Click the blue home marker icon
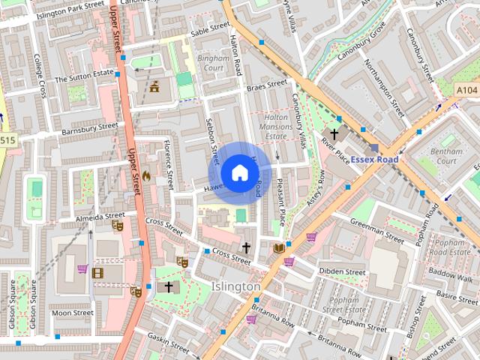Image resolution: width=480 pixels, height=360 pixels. [238, 172]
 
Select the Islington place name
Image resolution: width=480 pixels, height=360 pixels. [236, 286]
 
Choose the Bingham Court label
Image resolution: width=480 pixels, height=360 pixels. [211, 63]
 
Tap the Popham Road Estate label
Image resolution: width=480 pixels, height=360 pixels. [450, 247]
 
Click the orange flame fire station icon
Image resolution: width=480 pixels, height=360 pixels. [145, 176]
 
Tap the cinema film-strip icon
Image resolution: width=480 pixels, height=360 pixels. [97, 272]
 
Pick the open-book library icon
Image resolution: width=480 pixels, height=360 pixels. [278, 248]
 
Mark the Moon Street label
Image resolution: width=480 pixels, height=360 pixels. [73, 313]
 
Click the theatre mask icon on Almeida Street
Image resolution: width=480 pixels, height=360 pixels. [117, 224]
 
